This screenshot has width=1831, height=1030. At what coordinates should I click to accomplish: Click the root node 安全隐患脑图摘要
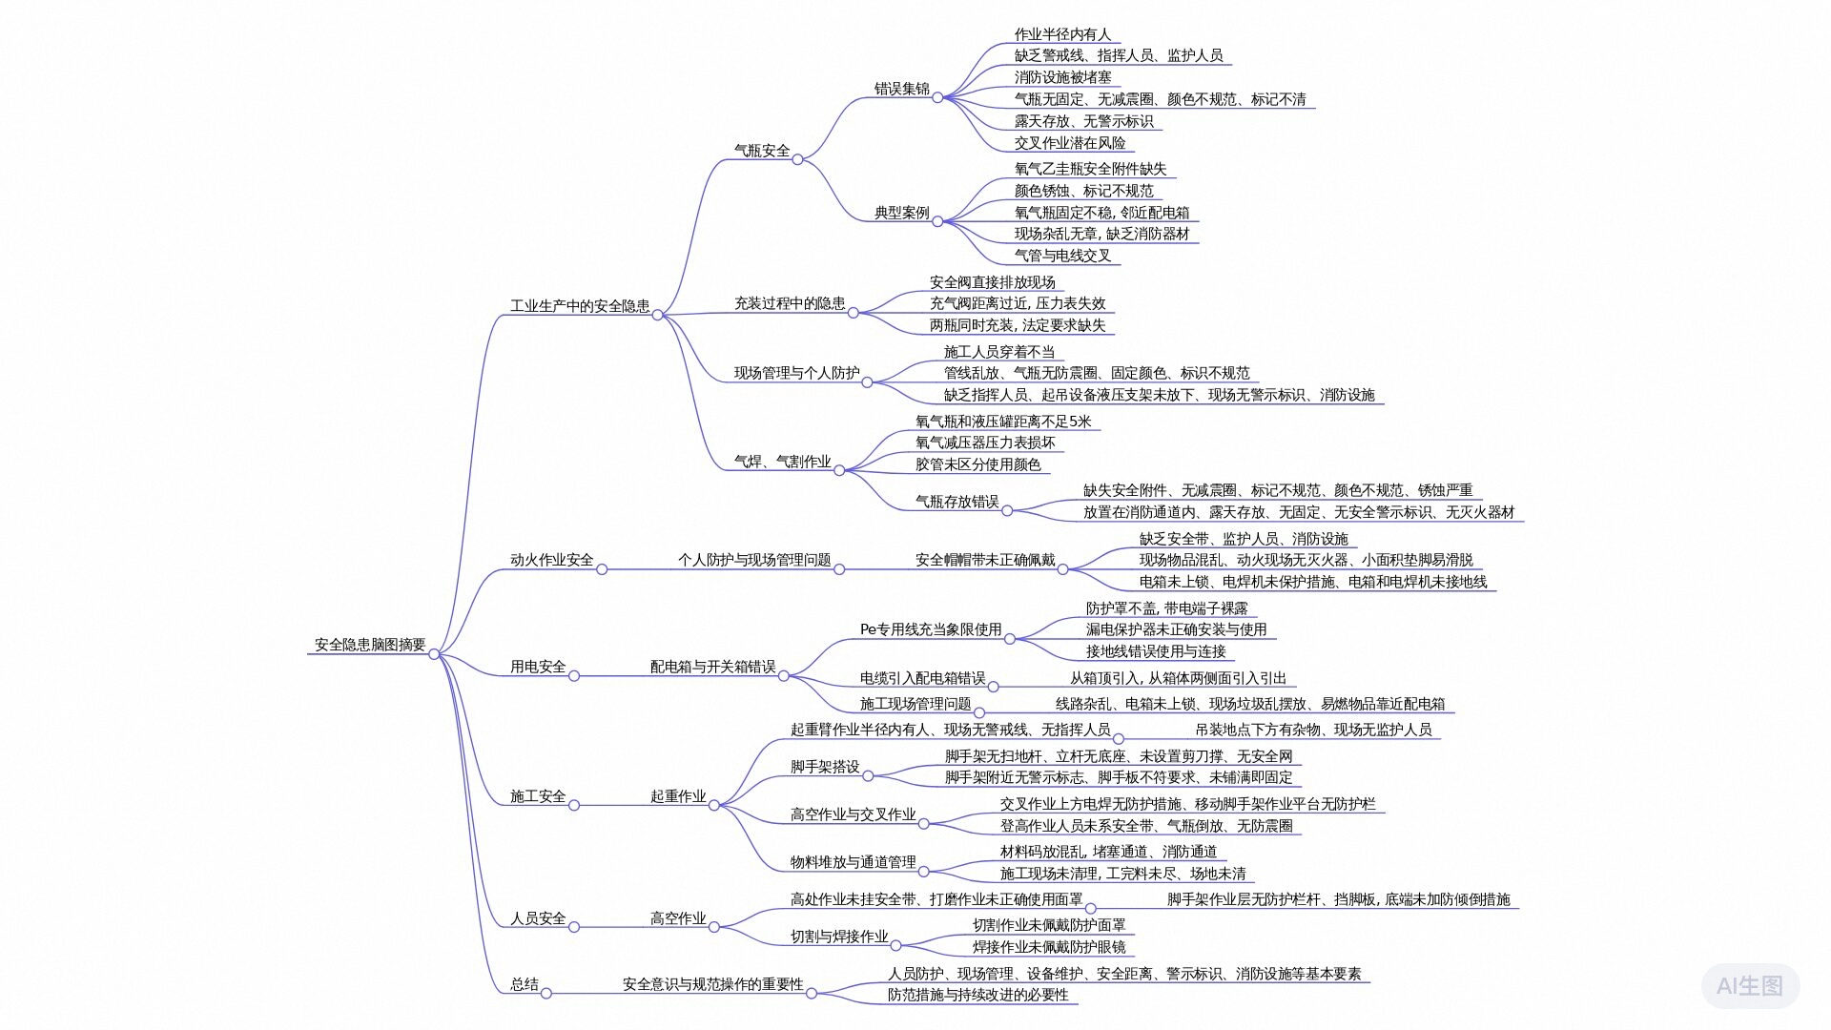click(370, 645)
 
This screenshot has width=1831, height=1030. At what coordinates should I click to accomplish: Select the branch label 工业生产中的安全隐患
click(580, 306)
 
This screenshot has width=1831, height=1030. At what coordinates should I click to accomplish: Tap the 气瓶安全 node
click(762, 151)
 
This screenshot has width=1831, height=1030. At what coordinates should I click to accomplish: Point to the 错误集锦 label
click(901, 89)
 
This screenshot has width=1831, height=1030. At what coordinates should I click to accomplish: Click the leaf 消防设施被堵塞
click(1062, 77)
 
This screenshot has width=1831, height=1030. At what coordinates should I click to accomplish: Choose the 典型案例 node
click(901, 213)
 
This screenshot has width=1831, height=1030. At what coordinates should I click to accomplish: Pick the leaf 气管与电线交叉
click(1062, 256)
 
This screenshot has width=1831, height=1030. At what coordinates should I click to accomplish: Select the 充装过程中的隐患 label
click(789, 303)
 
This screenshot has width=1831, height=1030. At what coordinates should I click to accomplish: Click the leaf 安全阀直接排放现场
click(992, 282)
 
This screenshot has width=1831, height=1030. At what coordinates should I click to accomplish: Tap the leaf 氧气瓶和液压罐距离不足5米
click(1003, 422)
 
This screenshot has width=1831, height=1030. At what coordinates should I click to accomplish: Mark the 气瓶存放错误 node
click(957, 502)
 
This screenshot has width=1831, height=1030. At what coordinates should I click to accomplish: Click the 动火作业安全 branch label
click(551, 560)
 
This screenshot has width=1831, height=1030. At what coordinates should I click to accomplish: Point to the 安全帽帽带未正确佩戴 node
click(984, 560)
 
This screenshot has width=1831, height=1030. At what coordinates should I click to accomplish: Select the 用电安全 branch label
click(538, 667)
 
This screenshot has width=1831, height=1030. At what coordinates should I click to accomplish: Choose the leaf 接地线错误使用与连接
click(1155, 651)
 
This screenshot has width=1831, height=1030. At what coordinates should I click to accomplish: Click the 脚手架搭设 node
click(824, 767)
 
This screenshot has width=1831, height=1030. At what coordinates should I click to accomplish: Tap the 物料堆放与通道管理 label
click(853, 862)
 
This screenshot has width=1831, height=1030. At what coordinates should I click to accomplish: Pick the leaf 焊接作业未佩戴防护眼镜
click(1048, 947)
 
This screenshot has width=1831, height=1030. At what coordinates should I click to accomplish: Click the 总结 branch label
click(525, 984)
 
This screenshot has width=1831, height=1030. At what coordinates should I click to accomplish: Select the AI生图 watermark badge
click(1749, 985)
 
